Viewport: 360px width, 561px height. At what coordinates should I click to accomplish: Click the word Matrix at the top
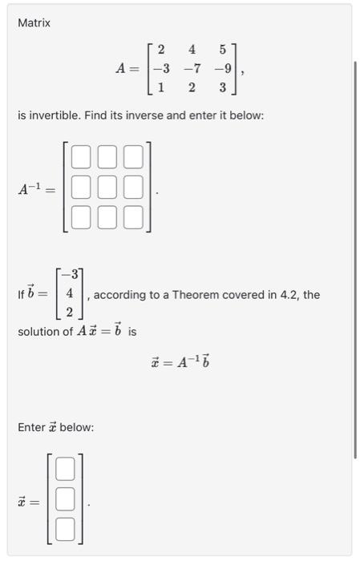click(x=34, y=23)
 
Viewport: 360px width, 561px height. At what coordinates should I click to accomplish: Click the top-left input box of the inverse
click(x=81, y=157)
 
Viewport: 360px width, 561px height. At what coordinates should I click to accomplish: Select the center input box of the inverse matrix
click(x=107, y=188)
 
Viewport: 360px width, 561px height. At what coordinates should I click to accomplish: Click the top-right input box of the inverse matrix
click(x=134, y=157)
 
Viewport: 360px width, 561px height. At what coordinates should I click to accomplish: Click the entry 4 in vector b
click(x=70, y=294)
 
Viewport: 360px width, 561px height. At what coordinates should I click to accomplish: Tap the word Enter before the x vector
click(x=33, y=427)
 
